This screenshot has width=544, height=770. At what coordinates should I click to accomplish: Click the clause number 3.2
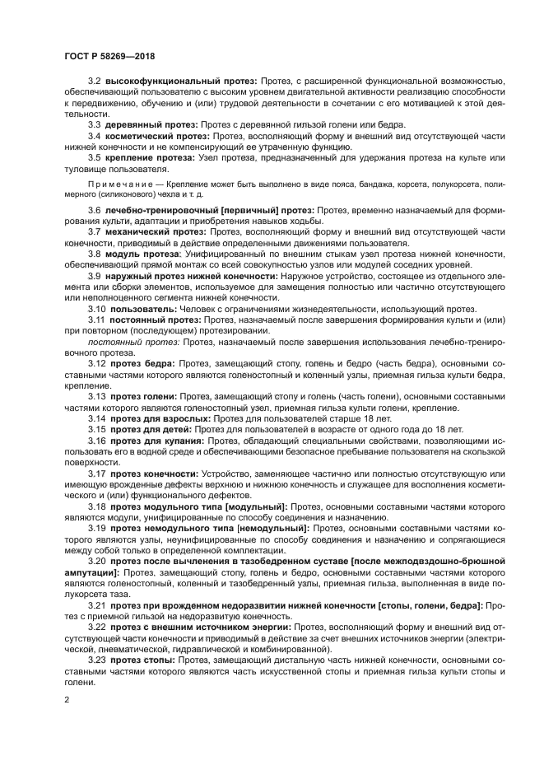point(95,82)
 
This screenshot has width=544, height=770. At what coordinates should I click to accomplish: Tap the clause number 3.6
point(95,212)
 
